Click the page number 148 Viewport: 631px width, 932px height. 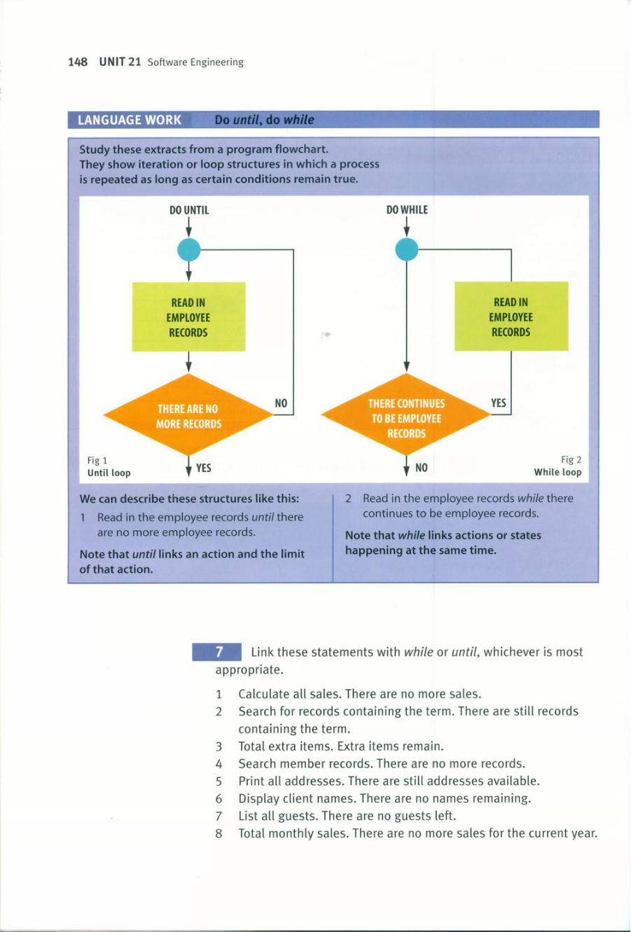[78, 62]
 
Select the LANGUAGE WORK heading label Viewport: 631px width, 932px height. [130, 120]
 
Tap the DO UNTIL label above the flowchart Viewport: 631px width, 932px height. [189, 210]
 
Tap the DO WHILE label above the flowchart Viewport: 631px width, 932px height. [407, 209]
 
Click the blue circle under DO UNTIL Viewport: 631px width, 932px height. [189, 250]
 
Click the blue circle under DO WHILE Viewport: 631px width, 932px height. [407, 249]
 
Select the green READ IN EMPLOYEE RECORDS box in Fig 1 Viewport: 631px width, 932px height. [188, 317]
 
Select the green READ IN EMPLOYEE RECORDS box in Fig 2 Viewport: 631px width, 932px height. [511, 317]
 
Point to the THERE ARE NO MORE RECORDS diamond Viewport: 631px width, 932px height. [188, 415]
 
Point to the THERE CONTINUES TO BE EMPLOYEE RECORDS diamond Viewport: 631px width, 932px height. [407, 415]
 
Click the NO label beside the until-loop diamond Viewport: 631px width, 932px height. [281, 403]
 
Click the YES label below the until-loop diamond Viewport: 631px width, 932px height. [204, 468]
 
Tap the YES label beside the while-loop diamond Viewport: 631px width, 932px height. [498, 403]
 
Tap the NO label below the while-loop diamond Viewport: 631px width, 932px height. [421, 468]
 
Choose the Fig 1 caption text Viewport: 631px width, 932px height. [109, 466]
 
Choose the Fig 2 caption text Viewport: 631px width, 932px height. [557, 466]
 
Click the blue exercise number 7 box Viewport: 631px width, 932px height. [216, 652]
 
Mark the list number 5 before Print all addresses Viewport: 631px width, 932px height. [219, 781]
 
